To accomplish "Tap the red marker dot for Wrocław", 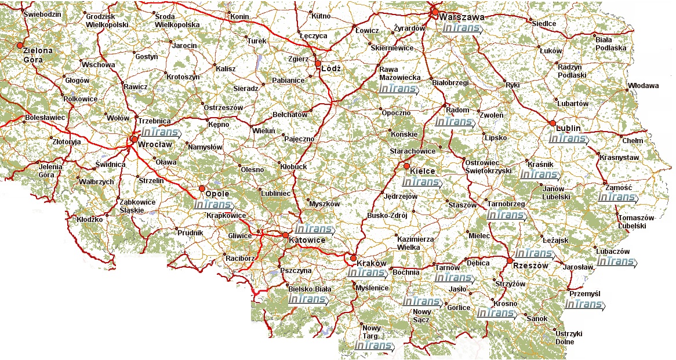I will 135,139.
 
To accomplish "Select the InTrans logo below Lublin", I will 568,139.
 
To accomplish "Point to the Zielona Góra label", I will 38,54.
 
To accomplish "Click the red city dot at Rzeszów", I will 509,260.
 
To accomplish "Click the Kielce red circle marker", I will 406,167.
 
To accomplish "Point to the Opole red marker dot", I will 202,188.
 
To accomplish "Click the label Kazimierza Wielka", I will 415,243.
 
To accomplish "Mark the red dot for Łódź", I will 318,63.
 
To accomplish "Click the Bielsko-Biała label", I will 309,288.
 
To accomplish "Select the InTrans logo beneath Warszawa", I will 461,28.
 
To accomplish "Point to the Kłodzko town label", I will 89,219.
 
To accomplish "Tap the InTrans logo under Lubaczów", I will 615,261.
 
